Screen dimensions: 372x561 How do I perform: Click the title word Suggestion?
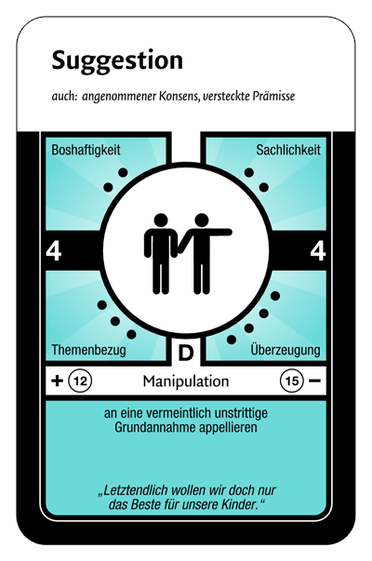[117, 61]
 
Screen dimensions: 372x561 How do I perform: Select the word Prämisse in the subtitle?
[273, 96]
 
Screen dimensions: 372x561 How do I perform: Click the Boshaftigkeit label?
[86, 150]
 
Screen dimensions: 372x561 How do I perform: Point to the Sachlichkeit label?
[288, 150]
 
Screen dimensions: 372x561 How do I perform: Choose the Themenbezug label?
[88, 350]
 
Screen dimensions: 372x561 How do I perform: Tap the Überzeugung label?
[286, 349]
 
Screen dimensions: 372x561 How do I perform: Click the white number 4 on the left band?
[54, 251]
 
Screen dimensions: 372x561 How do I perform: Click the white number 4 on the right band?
[318, 251]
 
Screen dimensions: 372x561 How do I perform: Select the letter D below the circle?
[186, 354]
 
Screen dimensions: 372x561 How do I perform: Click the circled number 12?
[81, 381]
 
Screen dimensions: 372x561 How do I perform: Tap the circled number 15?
[291, 381]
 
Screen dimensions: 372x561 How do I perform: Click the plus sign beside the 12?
[58, 381]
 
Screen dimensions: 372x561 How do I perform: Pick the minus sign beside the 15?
[314, 381]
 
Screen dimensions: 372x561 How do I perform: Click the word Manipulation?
[186, 381]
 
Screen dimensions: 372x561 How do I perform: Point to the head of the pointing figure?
[202, 220]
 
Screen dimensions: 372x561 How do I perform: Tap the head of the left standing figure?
[161, 220]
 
